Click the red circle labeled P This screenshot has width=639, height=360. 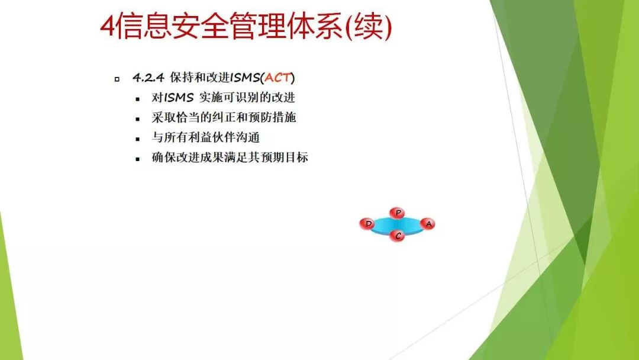398,213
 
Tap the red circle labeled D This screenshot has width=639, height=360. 368,224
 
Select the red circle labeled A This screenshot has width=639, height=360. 428,224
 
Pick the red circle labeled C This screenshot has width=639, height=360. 398,236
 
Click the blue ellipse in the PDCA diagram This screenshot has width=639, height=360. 398,225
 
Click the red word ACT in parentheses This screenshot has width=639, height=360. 277,78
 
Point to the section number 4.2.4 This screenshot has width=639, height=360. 148,78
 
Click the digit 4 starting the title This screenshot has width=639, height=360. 108,27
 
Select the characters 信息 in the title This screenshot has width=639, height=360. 144,27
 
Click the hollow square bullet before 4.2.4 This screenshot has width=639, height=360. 117,79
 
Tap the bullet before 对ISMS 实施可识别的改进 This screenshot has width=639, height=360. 138,99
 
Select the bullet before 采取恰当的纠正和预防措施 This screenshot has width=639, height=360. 138,119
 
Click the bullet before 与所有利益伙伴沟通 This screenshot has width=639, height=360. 138,139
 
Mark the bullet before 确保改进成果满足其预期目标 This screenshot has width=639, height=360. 138,159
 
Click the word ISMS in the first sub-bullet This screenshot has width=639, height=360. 179,98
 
